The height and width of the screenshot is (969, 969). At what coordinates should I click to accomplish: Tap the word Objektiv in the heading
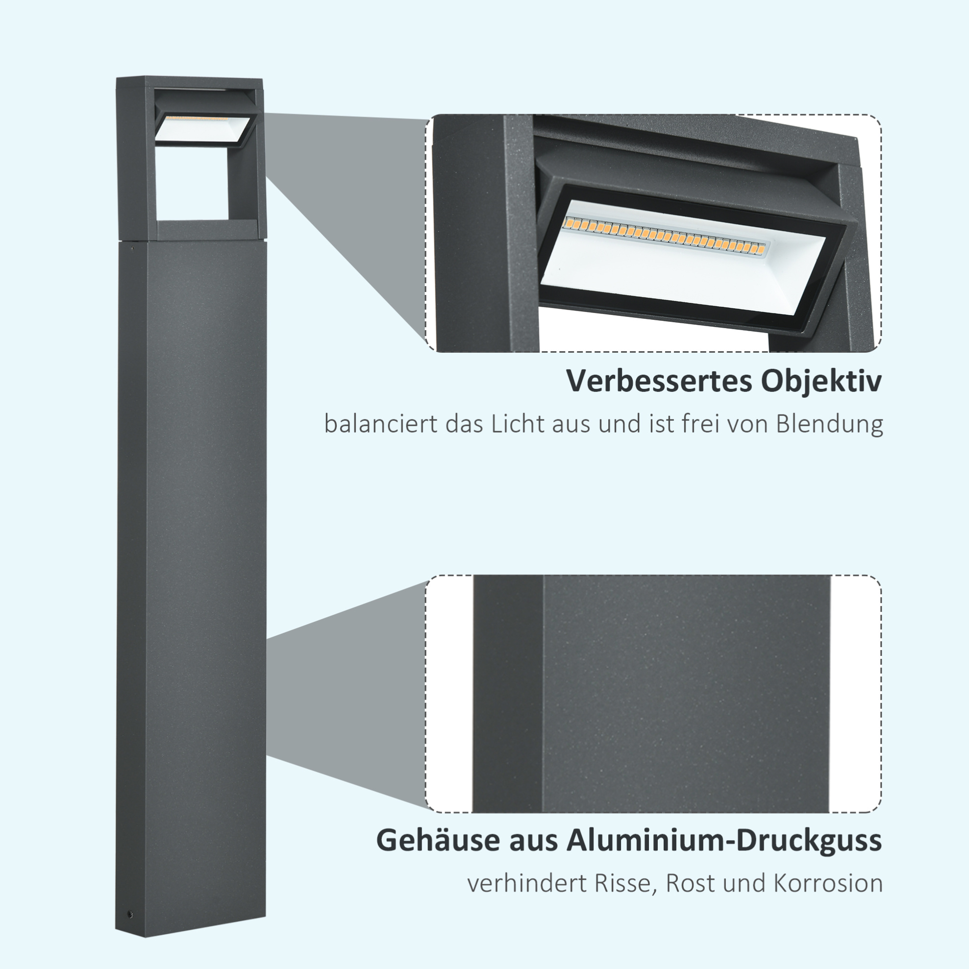(x=822, y=382)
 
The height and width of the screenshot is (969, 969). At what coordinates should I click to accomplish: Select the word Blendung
(x=829, y=424)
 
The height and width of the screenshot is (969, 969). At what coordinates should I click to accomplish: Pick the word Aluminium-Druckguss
(x=724, y=840)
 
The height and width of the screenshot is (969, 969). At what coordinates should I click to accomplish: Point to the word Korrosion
(x=828, y=884)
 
